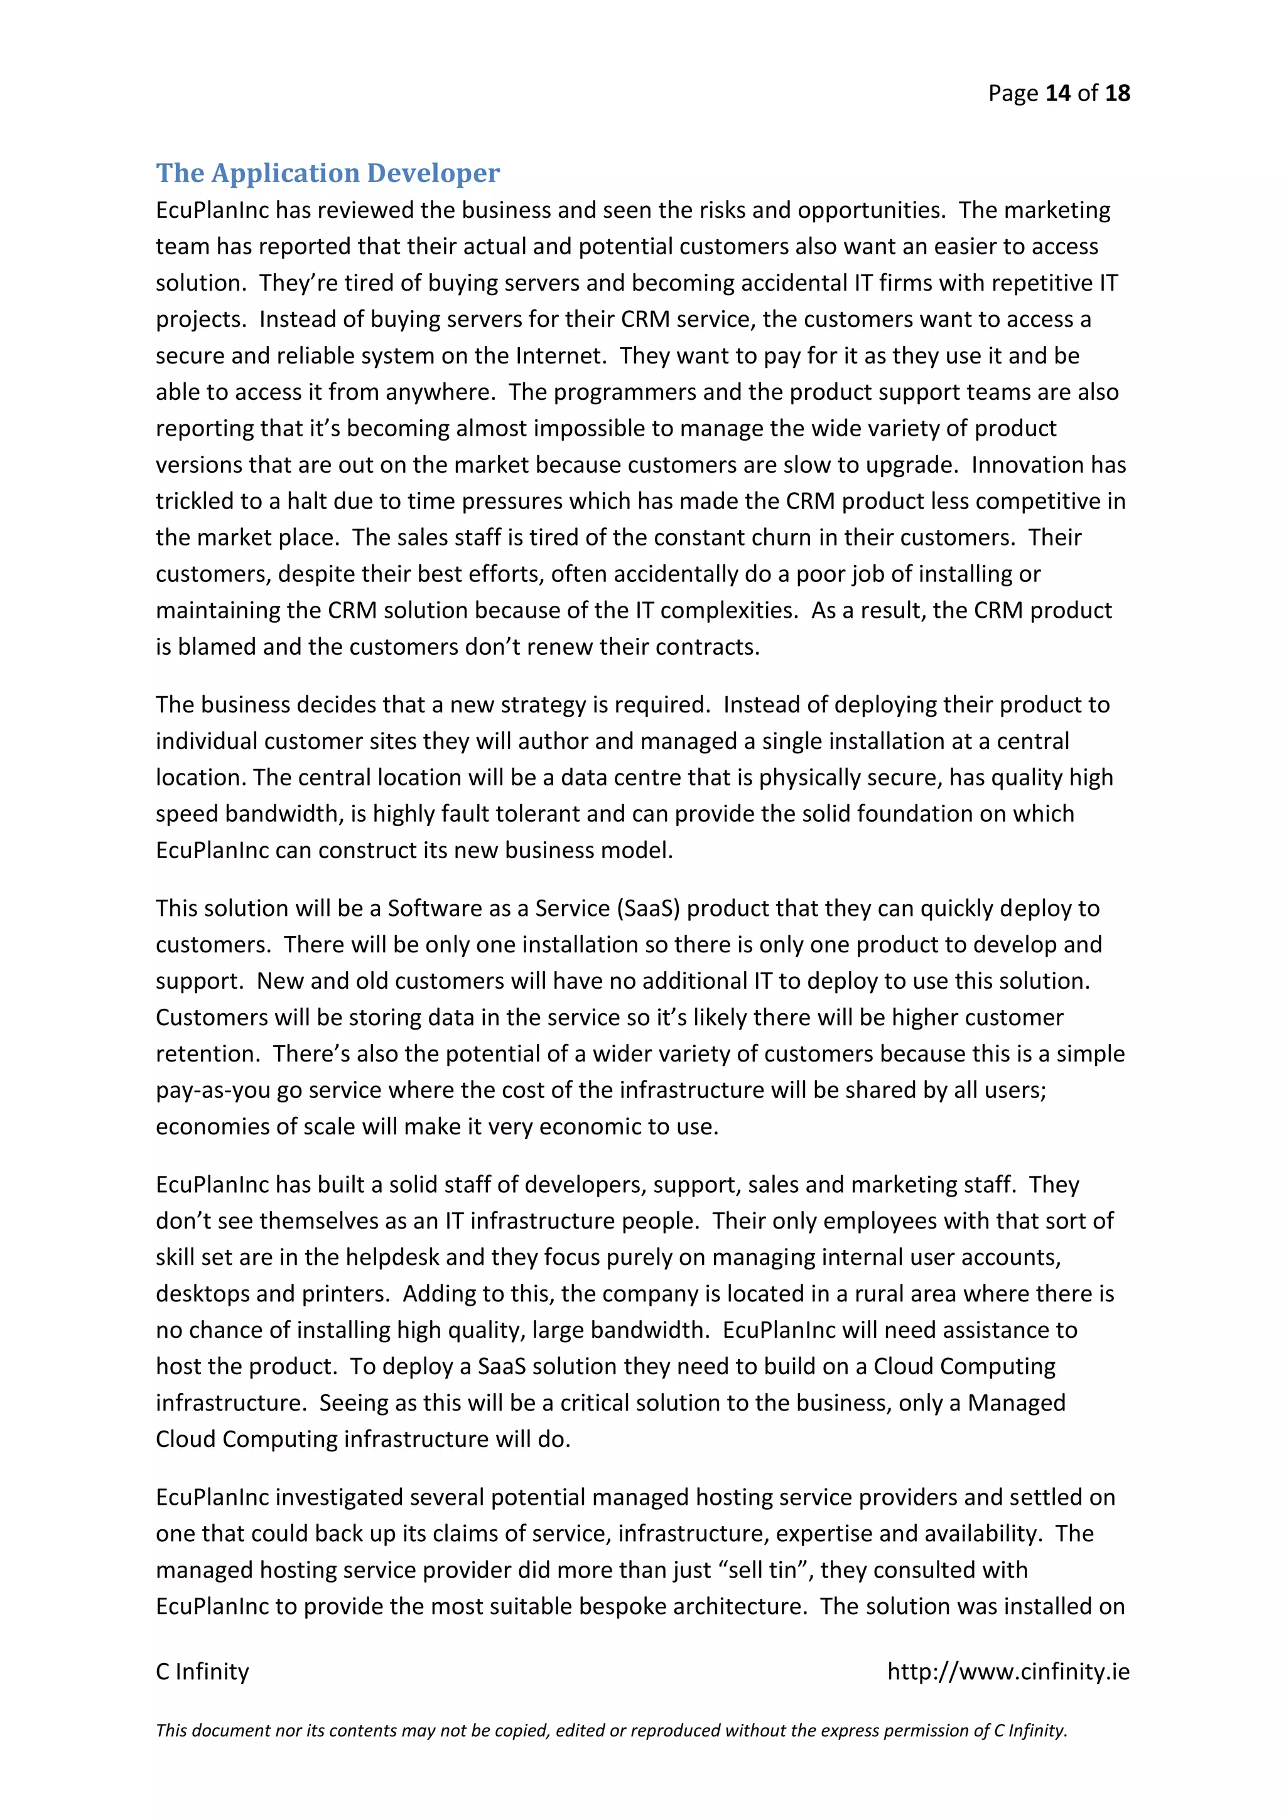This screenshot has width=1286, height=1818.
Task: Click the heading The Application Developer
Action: click(x=327, y=173)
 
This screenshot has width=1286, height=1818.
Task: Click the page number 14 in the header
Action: click(x=1058, y=94)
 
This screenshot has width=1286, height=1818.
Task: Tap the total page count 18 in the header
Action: click(x=1117, y=94)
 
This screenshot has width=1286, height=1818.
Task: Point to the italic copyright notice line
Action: click(x=612, y=1730)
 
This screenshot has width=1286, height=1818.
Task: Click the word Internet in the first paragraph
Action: click(x=560, y=355)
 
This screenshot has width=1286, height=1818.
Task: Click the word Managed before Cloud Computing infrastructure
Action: click(x=1016, y=1403)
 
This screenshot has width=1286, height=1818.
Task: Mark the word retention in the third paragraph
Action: click(x=207, y=1054)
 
